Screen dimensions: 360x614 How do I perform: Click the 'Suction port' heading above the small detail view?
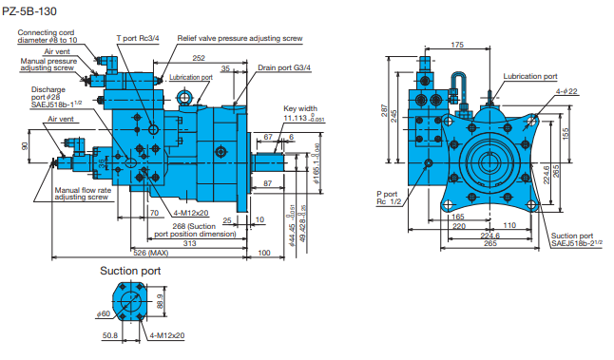pos(130,271)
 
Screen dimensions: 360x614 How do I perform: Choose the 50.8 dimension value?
pos(110,335)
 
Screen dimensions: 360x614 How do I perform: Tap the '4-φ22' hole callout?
pos(568,91)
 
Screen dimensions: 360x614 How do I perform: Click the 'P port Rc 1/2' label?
pos(392,197)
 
